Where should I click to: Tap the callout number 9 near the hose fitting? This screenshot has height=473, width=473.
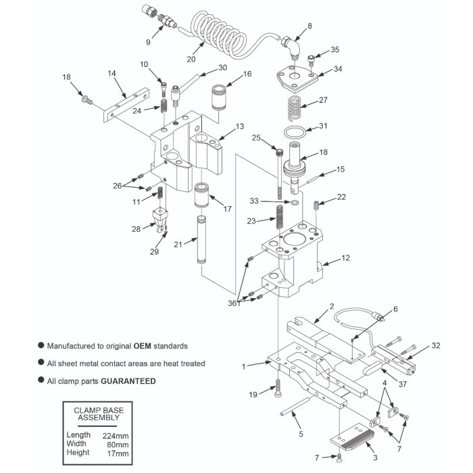coord(147,41)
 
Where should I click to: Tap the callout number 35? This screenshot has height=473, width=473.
coord(334,50)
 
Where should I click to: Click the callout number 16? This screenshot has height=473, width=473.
coord(248,74)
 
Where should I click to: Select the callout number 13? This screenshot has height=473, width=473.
coord(239,126)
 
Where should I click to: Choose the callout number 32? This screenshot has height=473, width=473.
coord(436,345)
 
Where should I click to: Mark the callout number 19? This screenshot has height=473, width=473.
coord(253,393)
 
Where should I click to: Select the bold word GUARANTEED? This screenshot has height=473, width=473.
coord(128,381)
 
